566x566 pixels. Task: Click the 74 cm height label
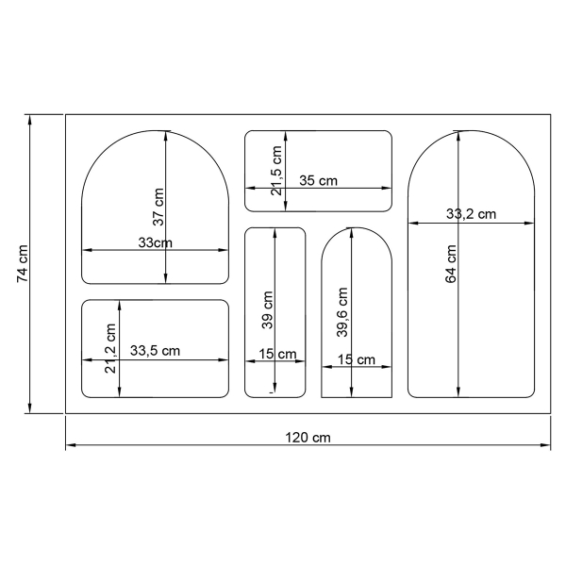(x=23, y=264)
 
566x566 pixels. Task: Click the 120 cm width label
(x=308, y=438)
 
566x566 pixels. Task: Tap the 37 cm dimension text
(x=158, y=207)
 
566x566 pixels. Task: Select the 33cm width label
(x=155, y=242)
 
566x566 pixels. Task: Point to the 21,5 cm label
(x=276, y=171)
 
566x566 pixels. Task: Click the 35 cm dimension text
(x=318, y=180)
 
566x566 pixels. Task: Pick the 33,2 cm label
(x=471, y=214)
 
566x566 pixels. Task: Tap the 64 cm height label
(x=451, y=264)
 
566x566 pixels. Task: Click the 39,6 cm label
(x=341, y=311)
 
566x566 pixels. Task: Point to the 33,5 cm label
(x=155, y=351)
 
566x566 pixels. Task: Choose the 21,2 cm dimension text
(x=111, y=349)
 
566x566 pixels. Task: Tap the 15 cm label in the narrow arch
(x=357, y=359)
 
